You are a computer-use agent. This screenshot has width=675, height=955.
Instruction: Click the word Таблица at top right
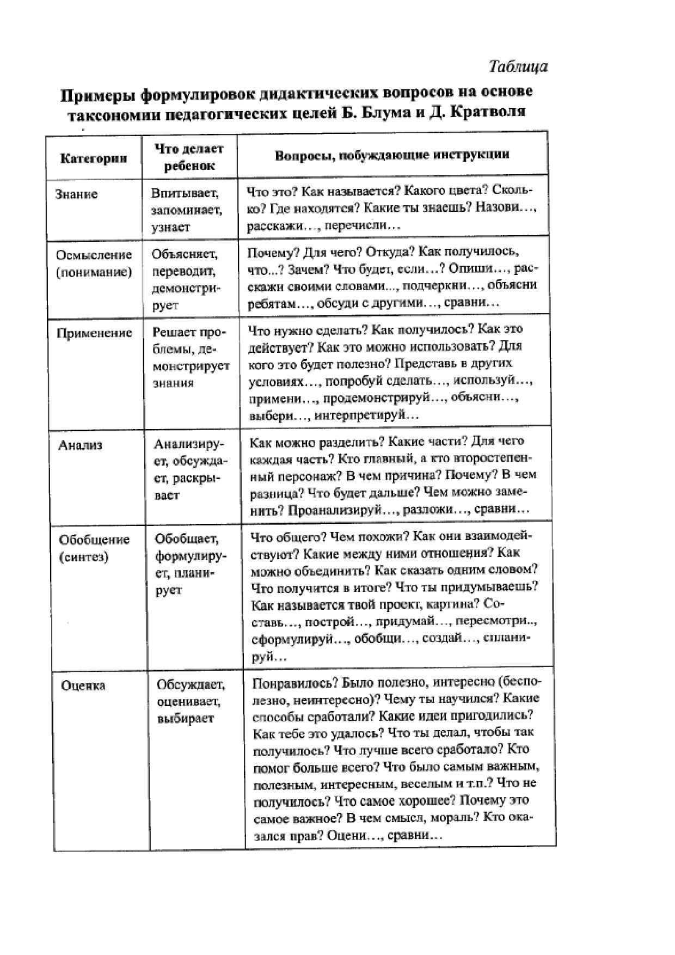pyautogui.click(x=518, y=66)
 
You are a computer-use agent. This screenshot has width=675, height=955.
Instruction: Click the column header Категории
pyautogui.click(x=94, y=158)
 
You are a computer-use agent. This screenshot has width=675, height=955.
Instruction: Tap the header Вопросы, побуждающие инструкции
pyautogui.click(x=392, y=154)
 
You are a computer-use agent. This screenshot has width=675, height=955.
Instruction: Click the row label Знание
pyautogui.click(x=76, y=194)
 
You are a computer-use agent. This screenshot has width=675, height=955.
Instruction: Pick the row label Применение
pyautogui.click(x=94, y=333)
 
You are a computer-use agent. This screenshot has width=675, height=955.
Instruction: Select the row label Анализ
pyautogui.click(x=80, y=445)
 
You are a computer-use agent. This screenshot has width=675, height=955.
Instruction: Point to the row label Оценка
pyautogui.click(x=83, y=685)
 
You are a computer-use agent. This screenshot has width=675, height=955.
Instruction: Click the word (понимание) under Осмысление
pyautogui.click(x=94, y=272)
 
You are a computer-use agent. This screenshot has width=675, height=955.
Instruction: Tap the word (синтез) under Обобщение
pyautogui.click(x=84, y=556)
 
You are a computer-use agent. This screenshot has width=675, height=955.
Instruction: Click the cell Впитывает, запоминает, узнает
pyautogui.click(x=186, y=210)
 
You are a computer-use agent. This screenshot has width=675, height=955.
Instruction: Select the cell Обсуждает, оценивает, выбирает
pyautogui.click(x=191, y=701)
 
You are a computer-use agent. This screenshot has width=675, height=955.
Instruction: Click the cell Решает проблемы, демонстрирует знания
pyautogui.click(x=191, y=357)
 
